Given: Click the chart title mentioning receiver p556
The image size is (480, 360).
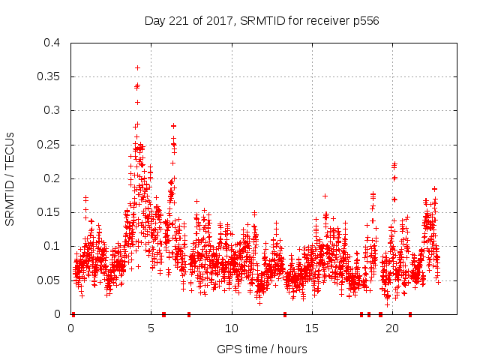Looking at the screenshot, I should [x=262, y=20].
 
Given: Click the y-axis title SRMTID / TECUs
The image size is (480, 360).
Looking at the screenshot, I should [x=10, y=178].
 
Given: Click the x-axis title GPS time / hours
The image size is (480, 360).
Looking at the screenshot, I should [x=262, y=349].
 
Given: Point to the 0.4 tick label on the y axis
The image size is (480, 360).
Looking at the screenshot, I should [x=51, y=43].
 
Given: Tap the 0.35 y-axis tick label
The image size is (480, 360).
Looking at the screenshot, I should [x=48, y=76].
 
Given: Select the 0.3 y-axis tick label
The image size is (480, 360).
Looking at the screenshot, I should [x=51, y=110].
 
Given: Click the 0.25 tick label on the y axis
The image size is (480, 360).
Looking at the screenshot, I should [x=48, y=145].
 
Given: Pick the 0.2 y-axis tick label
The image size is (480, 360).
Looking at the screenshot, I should [x=51, y=178].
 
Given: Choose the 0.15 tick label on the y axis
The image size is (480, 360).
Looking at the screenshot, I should [x=48, y=212].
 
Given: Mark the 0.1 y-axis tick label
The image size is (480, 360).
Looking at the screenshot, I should [x=51, y=246].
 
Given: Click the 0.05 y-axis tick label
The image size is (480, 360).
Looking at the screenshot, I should [x=48, y=280].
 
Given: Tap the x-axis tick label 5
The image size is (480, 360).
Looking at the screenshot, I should [x=151, y=328].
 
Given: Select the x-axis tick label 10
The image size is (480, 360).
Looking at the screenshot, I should [x=232, y=328].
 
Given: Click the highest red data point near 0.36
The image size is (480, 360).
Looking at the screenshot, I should [x=137, y=67].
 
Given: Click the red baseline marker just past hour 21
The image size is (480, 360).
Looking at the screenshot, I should [x=410, y=314].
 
